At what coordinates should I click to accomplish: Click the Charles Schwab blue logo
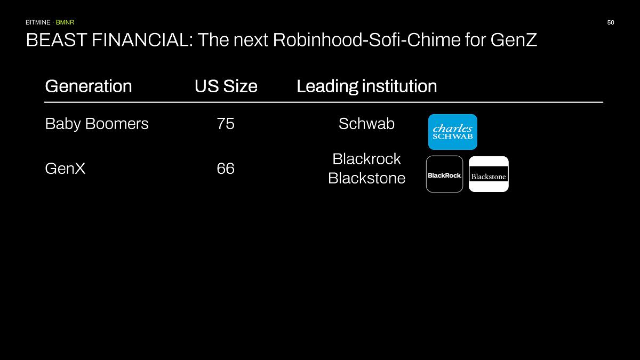452,132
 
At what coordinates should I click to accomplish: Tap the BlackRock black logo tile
444,174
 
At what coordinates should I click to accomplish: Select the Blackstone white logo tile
489,174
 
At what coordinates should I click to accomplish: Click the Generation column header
89,86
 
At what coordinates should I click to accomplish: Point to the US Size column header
226,86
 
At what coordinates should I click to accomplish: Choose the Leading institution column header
366,86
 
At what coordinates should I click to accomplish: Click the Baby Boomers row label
97,124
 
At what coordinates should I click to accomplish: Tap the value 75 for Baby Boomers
226,124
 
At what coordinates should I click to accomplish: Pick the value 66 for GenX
226,169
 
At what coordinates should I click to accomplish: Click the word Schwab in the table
366,124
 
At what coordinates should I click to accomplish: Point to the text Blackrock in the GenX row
366,159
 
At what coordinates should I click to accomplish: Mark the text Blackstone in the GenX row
366,178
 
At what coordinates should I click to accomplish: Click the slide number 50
611,22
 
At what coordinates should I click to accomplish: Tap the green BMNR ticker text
65,22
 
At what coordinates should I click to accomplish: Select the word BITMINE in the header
38,22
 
